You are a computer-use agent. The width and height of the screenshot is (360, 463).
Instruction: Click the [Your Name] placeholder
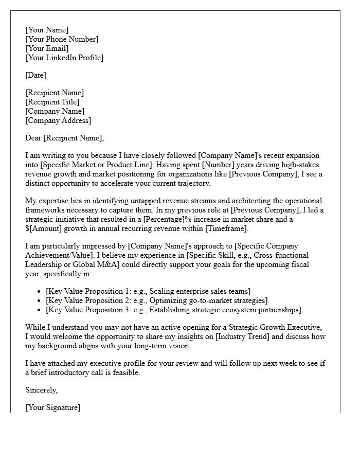tap(47, 30)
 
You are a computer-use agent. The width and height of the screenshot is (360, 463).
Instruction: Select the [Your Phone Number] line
tap(62, 39)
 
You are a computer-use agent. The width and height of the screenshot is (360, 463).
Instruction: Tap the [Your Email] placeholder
tap(47, 48)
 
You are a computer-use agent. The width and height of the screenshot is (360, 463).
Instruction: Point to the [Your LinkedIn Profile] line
tap(64, 58)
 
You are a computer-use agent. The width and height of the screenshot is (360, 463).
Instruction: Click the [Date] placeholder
tap(35, 75)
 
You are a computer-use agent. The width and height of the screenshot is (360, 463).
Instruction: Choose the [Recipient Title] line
tap(52, 102)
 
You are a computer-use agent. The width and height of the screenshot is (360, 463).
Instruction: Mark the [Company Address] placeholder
tap(58, 120)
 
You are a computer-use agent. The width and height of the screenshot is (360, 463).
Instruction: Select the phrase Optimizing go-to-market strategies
tap(206, 300)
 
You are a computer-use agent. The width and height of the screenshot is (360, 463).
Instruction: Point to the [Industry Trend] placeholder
tap(241, 336)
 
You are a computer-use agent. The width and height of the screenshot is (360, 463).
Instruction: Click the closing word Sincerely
tap(41, 390)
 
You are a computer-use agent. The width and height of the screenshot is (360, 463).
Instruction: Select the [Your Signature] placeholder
tap(53, 407)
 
